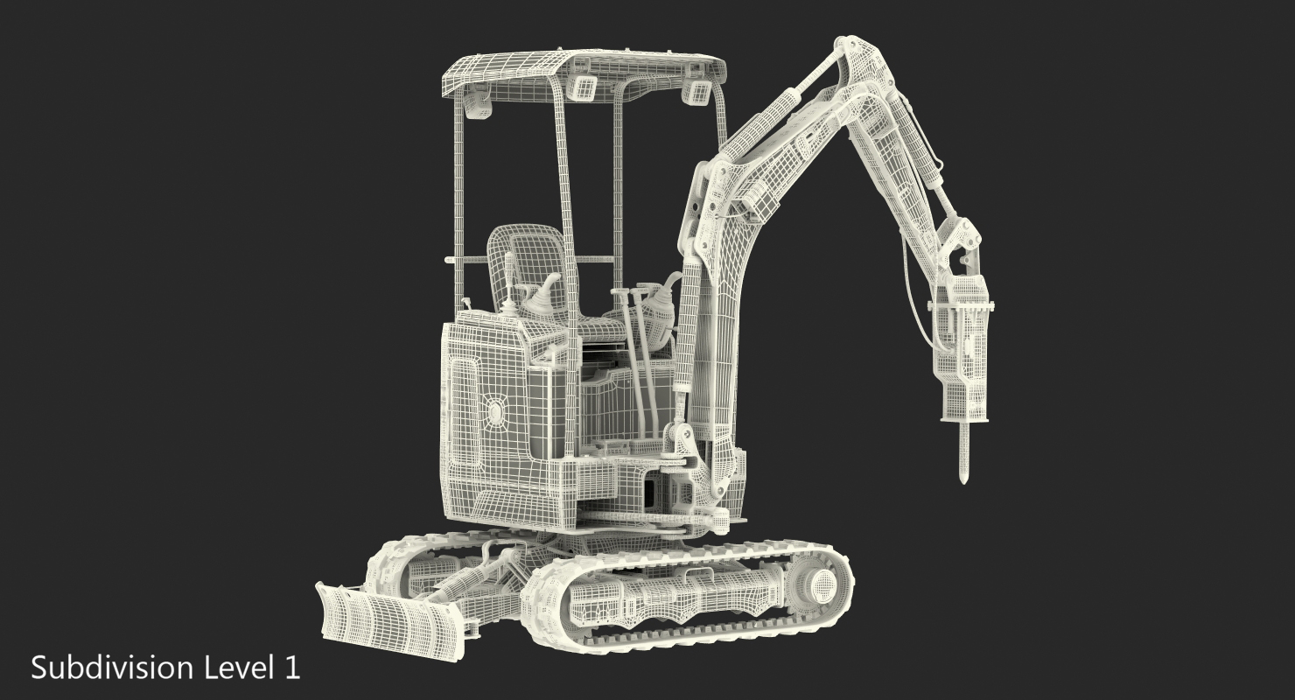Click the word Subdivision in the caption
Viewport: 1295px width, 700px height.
[x=112, y=668]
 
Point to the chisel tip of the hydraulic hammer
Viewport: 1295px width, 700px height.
[x=963, y=479]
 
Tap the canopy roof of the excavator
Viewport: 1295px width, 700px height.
[x=583, y=73]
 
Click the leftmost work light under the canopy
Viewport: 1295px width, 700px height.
[x=479, y=103]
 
